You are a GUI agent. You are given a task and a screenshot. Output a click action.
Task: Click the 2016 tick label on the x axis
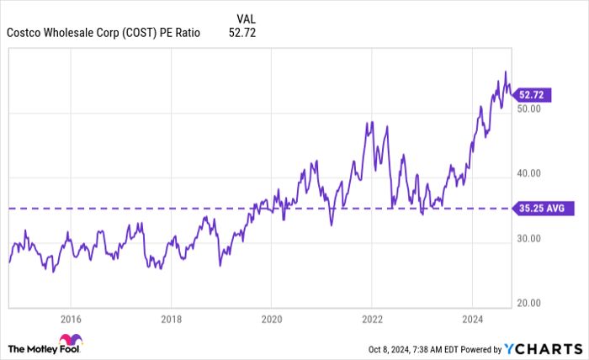pyautogui.click(x=71, y=319)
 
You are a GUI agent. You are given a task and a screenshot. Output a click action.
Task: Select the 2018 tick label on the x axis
pyautogui.click(x=171, y=319)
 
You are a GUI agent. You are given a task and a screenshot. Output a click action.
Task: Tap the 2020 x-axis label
pyautogui.click(x=271, y=319)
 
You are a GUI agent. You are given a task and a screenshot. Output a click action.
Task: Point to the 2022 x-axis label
pyautogui.click(x=371, y=319)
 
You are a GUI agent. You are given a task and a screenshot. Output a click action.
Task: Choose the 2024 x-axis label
pyautogui.click(x=472, y=319)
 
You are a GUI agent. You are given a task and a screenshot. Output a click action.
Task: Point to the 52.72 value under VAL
pyautogui.click(x=242, y=34)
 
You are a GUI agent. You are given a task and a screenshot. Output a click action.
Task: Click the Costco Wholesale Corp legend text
pyautogui.click(x=103, y=34)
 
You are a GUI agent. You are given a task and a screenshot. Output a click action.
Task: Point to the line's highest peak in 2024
pyautogui.click(x=505, y=71)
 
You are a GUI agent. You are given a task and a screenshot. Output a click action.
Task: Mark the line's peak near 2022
pyautogui.click(x=371, y=122)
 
